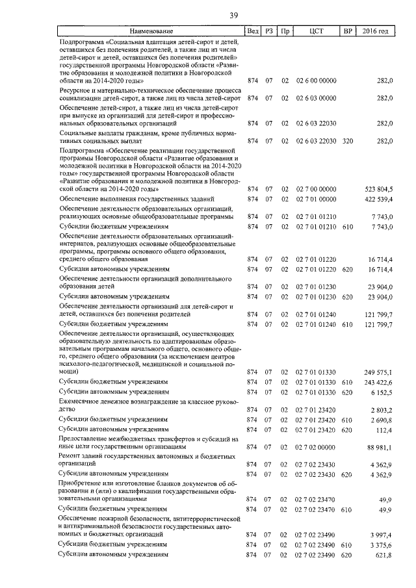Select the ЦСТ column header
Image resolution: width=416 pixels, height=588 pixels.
click(x=317, y=31)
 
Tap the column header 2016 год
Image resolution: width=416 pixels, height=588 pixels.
click(x=375, y=31)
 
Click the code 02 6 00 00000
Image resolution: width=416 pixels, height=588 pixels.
click(x=317, y=81)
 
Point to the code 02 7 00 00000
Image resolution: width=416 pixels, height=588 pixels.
click(x=317, y=188)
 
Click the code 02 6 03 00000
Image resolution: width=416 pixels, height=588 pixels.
click(x=317, y=98)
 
